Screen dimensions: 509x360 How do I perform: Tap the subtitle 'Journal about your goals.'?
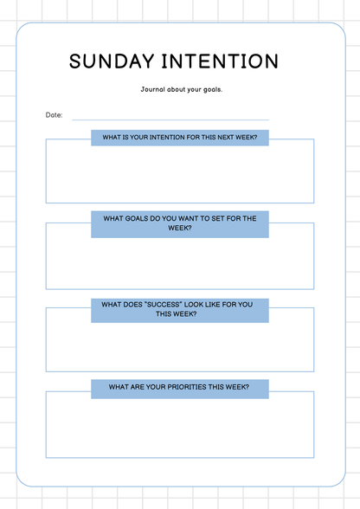point(181,89)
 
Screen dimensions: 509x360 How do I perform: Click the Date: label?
point(54,115)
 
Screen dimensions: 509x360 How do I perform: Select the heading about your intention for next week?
point(180,137)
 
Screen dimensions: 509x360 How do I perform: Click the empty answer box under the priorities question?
point(180,428)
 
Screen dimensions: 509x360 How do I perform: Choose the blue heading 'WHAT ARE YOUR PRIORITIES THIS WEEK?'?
point(180,389)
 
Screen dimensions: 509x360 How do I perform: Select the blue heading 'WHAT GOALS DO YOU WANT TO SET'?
point(180,223)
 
